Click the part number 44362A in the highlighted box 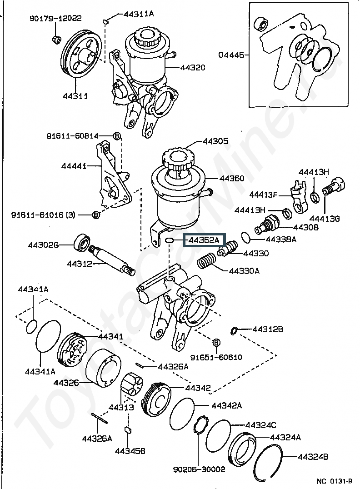pyautogui.click(x=204, y=240)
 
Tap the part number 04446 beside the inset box pyautogui.click(x=231, y=55)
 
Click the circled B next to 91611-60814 pyautogui.click(x=116, y=136)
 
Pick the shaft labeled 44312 pyautogui.click(x=112, y=259)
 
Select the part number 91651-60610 pyautogui.click(x=216, y=357)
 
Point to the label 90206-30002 pyautogui.click(x=199, y=469)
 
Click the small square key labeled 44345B pyautogui.click(x=128, y=429)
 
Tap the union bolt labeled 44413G pyautogui.click(x=334, y=187)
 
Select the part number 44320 pyautogui.click(x=193, y=68)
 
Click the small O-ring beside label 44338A pyautogui.click(x=245, y=237)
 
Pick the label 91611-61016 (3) pyautogui.click(x=43, y=215)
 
